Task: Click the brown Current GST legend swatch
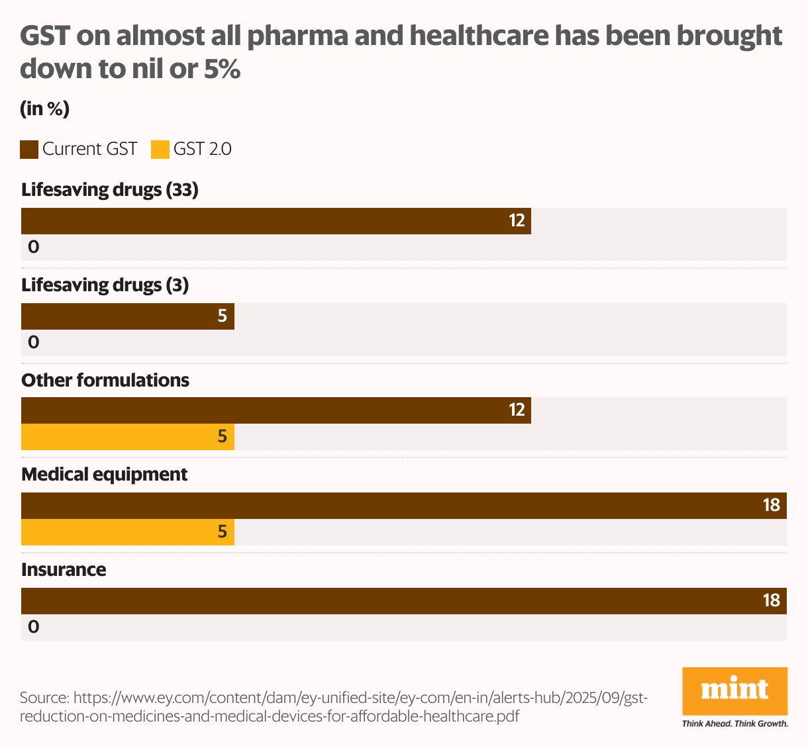coord(29,150)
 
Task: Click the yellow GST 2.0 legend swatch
coord(160,150)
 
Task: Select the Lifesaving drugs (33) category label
coord(110,190)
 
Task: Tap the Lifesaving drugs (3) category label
coord(105,285)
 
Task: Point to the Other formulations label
coord(105,380)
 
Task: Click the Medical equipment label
coord(105,475)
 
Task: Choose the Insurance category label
coord(64,570)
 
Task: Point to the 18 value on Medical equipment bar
coord(771,506)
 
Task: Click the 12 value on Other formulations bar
coord(517,410)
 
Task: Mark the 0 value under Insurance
coord(33,627)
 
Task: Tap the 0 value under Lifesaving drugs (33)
coord(33,248)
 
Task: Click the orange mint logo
coord(734,691)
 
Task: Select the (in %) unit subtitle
coord(45,109)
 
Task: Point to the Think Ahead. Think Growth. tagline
coord(734,724)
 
